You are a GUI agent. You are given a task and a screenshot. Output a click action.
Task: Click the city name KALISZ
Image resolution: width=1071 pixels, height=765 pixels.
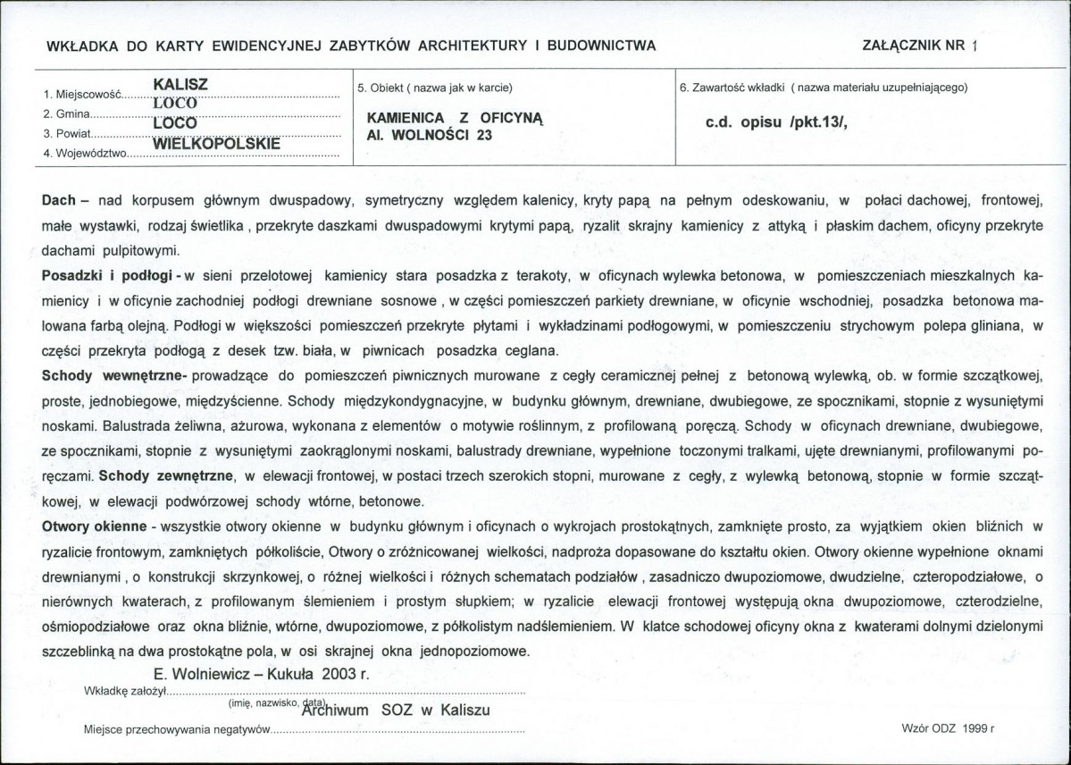tap(180, 84)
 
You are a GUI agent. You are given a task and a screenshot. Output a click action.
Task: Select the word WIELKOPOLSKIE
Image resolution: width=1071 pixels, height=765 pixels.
tap(217, 142)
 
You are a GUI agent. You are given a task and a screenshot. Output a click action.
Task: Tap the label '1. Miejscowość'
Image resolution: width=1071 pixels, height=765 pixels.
tap(80, 94)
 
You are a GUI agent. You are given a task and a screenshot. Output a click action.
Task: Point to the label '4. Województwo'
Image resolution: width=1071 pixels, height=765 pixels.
tap(86, 154)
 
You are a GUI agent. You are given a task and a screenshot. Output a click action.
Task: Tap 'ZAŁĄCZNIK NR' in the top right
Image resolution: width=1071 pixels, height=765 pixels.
tap(914, 46)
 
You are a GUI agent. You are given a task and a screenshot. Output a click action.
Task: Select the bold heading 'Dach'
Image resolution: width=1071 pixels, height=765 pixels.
tap(59, 201)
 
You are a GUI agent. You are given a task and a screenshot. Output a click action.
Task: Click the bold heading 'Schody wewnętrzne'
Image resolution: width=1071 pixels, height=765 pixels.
tap(112, 377)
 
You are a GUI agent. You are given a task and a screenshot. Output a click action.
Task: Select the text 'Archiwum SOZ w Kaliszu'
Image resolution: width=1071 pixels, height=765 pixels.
tap(397, 710)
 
